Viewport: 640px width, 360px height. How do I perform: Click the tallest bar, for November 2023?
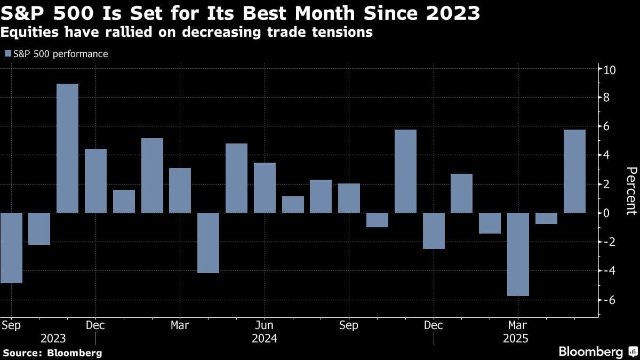click(67, 148)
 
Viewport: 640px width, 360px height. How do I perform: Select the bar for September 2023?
click(11, 248)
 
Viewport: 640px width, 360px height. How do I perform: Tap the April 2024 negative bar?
click(208, 243)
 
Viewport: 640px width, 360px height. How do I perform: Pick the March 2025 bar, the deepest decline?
click(518, 254)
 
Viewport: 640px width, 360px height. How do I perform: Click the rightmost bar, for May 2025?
click(574, 171)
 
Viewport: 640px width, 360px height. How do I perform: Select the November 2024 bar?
click(405, 171)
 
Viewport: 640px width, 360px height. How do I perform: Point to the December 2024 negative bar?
click(434, 231)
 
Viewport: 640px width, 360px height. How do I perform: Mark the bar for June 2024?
click(265, 188)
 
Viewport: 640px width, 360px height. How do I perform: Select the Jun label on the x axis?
click(264, 325)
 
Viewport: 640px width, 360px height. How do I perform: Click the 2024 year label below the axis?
click(264, 339)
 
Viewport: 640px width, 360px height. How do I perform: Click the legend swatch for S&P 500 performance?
click(7, 54)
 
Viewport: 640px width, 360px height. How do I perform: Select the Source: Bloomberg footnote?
click(52, 353)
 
